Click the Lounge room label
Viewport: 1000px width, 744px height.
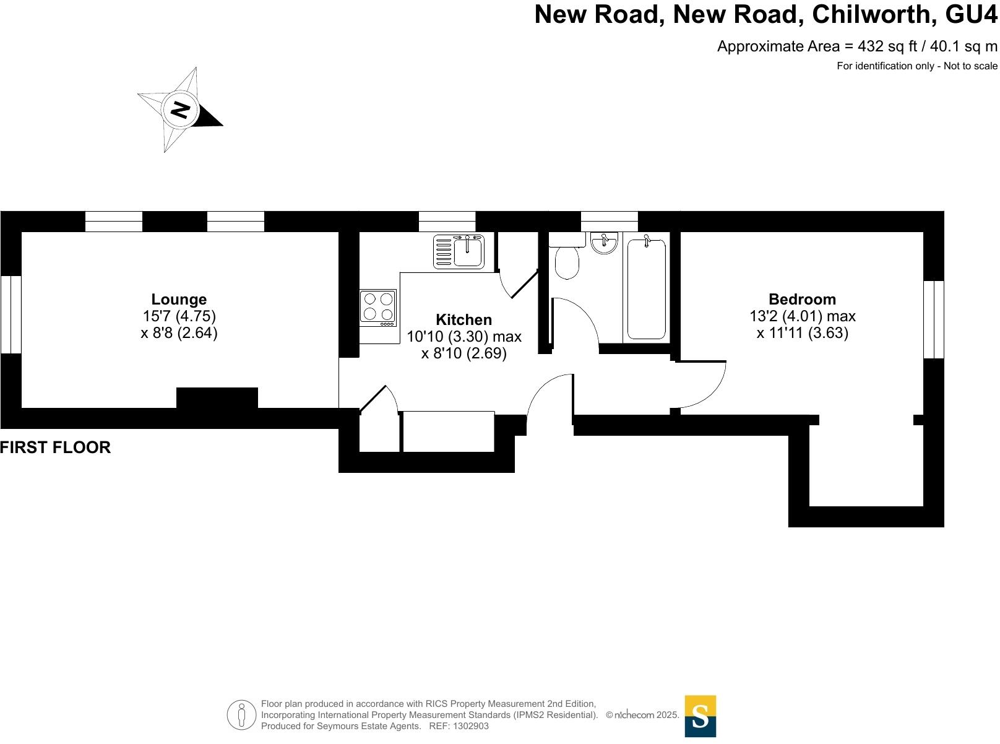click(x=179, y=300)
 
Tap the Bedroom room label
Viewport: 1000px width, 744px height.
click(x=802, y=300)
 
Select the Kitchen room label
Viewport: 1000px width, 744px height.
click(x=463, y=320)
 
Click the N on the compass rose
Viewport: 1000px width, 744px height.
click(x=180, y=110)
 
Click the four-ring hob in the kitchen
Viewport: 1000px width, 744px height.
click(x=378, y=307)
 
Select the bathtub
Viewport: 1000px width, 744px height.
click(x=647, y=289)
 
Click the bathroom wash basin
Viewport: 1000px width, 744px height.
click(x=603, y=243)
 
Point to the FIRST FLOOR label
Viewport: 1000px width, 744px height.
click(x=56, y=448)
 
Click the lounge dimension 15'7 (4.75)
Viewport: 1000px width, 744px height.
click(x=179, y=316)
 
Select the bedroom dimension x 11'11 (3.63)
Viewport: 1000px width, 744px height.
click(x=802, y=333)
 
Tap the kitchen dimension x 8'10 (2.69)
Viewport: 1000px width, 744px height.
click(x=463, y=353)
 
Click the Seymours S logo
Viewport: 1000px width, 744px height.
click(x=700, y=716)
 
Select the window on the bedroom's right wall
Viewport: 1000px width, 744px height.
click(x=934, y=319)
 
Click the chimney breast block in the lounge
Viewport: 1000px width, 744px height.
click(x=217, y=398)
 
